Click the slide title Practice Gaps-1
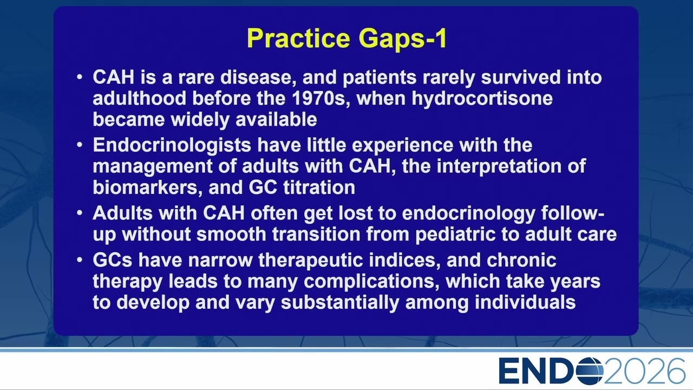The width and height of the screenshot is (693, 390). (x=347, y=38)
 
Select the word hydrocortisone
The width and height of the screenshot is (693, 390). (x=482, y=99)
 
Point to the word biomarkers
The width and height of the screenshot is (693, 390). (x=148, y=187)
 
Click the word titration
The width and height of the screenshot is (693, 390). (x=319, y=187)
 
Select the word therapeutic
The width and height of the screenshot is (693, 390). (x=311, y=261)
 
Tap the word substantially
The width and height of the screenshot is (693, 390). (x=340, y=303)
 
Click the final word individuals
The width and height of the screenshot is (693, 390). (x=525, y=302)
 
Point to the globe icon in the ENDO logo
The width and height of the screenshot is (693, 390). (x=589, y=371)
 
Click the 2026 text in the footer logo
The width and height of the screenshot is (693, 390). (x=644, y=371)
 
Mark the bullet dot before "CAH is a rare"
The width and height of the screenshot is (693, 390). (x=80, y=77)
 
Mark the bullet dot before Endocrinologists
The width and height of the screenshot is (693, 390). (x=80, y=145)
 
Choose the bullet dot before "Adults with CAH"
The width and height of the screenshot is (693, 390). (x=80, y=213)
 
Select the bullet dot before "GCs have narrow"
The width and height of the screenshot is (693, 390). (x=80, y=259)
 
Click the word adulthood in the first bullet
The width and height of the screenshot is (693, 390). (x=140, y=98)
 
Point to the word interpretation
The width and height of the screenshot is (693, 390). (x=499, y=166)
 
